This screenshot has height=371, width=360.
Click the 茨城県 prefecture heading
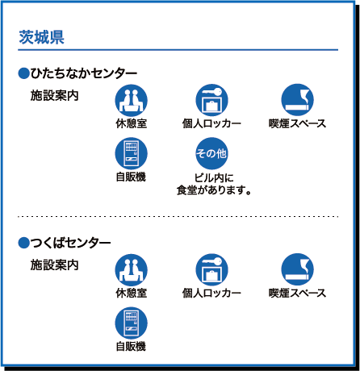[x=41, y=37]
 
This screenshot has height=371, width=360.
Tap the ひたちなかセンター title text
[x=84, y=73]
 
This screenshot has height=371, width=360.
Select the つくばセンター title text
[x=70, y=243]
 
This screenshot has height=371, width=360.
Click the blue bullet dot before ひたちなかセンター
[x=23, y=73]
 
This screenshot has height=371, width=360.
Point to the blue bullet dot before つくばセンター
[x=23, y=243]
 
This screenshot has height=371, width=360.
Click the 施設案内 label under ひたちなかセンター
[x=54, y=95]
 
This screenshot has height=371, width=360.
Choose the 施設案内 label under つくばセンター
[x=54, y=265]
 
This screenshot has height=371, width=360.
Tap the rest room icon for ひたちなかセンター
[x=132, y=100]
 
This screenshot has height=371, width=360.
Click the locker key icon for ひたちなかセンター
[x=211, y=100]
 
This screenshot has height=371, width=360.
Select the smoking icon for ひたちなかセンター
[x=297, y=100]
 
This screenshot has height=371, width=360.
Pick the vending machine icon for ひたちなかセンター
[x=132, y=153]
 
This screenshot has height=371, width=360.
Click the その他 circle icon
[x=211, y=153]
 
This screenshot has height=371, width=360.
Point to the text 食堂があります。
[x=214, y=190]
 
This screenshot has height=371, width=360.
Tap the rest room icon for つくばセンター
[x=132, y=269]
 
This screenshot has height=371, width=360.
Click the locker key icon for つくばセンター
[x=211, y=269]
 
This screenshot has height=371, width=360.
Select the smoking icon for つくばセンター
[x=297, y=269]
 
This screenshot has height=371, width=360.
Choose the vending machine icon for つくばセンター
[x=132, y=323]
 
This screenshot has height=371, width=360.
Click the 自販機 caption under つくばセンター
[x=131, y=346]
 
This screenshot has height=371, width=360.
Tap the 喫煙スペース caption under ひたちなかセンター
[x=297, y=123]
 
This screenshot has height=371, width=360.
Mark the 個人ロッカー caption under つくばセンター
[x=211, y=293]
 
